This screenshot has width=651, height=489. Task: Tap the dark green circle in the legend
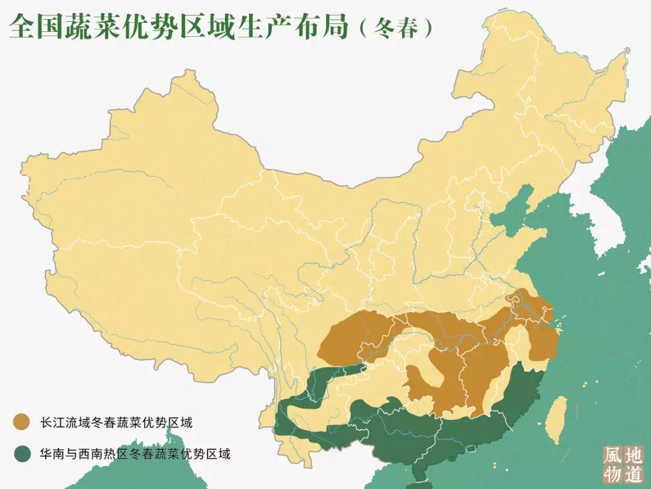coord(23,453)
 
